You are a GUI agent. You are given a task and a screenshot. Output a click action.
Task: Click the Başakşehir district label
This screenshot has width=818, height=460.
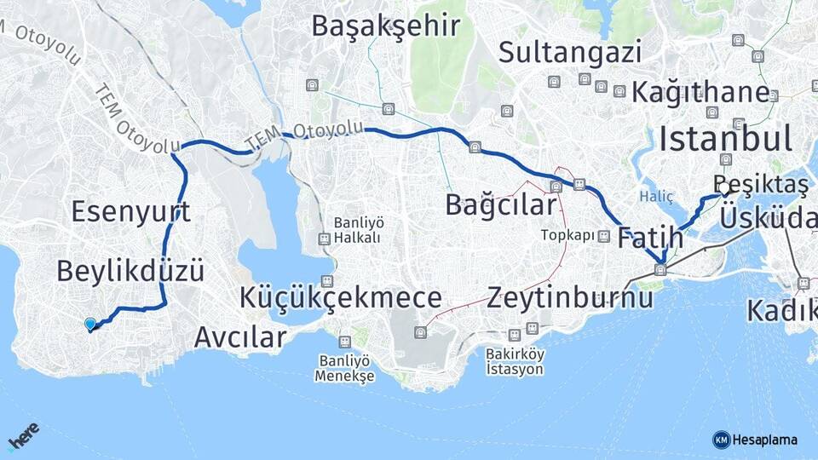coord(386,26)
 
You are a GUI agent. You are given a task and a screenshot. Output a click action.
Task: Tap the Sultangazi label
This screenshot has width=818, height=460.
coord(570,53)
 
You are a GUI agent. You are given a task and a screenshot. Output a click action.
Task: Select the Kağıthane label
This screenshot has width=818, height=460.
coord(700,91)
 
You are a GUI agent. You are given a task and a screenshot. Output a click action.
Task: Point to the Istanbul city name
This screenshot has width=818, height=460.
coord(726,138)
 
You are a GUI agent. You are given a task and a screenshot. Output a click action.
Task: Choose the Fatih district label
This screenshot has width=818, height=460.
coord(651,237)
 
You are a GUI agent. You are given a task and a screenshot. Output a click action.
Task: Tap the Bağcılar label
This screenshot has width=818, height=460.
coord(501,204)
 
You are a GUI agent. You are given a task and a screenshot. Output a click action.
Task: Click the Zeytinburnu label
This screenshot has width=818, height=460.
coord(570,297)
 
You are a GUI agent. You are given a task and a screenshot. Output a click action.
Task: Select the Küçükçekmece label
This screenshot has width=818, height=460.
coord(341,297)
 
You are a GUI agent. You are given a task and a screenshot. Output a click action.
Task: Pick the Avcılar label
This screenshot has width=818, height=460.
coord(239,336)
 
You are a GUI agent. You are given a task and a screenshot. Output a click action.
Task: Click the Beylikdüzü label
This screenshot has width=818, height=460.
coord(130,271)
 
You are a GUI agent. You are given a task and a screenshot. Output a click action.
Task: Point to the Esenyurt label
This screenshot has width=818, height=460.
coord(130,211)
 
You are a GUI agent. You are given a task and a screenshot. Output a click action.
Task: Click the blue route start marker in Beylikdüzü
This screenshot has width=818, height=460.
coord(90,324)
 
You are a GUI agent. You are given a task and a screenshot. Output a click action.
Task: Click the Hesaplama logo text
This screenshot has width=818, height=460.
coord(764,440)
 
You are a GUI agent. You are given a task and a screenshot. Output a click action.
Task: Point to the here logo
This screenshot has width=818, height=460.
coord(23,438)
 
